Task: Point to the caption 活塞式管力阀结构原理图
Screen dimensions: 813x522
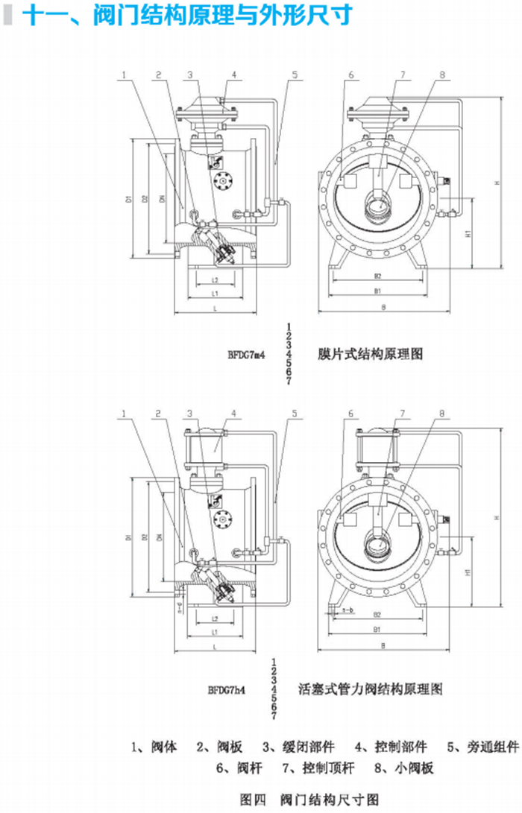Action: coord(371,689)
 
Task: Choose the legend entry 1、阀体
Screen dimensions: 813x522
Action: coord(154,747)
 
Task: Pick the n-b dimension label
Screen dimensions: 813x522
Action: coord(347,611)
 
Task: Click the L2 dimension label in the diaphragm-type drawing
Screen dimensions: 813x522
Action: coord(214,280)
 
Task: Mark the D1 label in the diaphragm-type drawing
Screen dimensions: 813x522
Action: coord(129,199)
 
